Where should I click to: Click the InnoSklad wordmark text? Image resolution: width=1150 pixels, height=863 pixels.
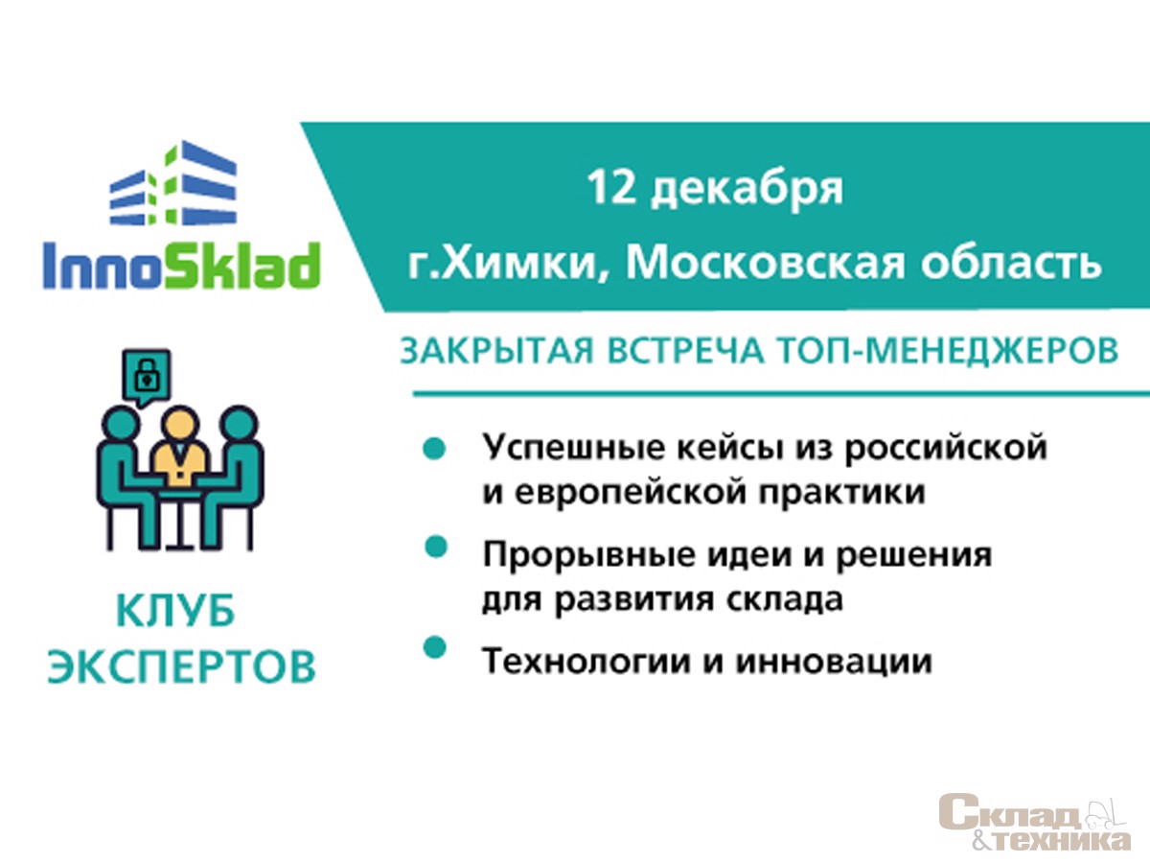point(181,266)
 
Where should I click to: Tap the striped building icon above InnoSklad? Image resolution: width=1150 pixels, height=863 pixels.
point(172,183)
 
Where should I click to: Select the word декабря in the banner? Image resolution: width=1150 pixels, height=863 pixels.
point(747,190)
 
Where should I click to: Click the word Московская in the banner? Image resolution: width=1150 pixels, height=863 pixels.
point(766,263)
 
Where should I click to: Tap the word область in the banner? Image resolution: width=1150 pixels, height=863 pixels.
point(1011,261)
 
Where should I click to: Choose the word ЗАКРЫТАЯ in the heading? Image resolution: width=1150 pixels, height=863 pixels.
point(497,351)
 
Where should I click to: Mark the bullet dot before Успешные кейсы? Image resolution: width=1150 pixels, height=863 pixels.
point(434,449)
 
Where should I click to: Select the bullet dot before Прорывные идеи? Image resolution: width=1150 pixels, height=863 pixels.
point(436,547)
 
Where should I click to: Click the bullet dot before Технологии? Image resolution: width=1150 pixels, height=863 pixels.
point(435,646)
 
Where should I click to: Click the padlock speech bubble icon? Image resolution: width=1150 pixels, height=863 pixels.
point(147,377)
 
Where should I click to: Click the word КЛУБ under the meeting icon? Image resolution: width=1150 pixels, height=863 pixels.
point(176,611)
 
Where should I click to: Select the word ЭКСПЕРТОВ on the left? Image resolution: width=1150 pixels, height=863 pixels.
point(181,666)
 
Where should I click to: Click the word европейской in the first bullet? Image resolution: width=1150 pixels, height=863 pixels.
point(630,493)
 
